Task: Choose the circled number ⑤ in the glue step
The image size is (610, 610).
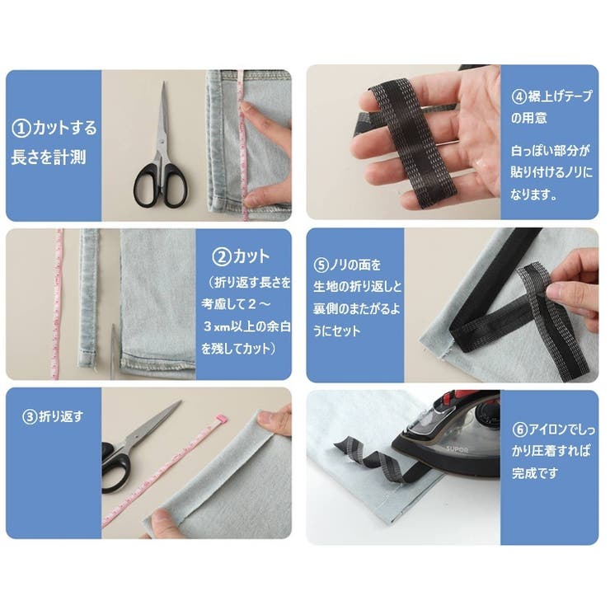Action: [x=322, y=265]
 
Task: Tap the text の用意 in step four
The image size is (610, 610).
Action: [x=534, y=118]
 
